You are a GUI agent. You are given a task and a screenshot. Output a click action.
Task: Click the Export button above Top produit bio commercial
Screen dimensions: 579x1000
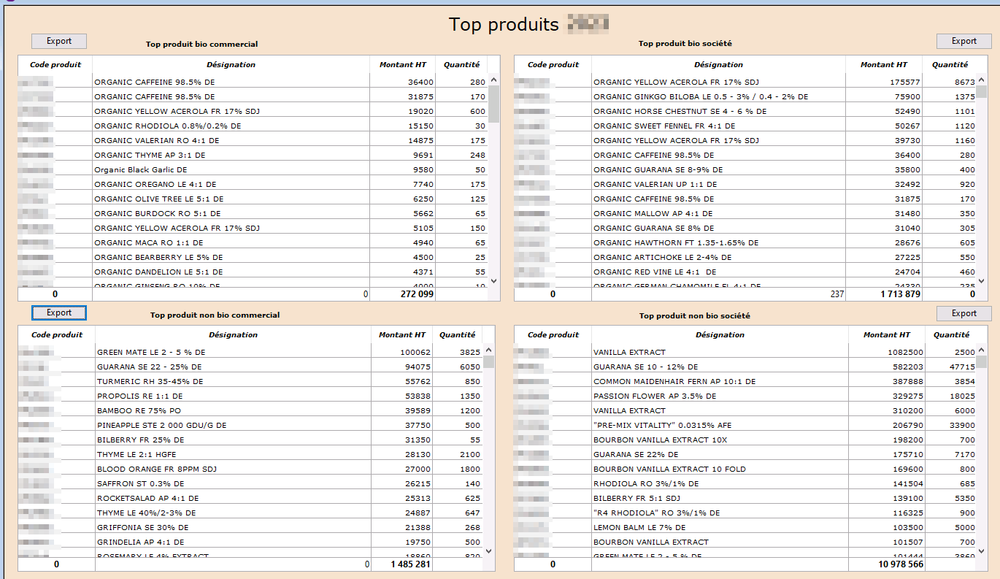click(58, 41)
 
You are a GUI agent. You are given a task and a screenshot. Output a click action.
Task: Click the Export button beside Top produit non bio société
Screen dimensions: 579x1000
click(964, 313)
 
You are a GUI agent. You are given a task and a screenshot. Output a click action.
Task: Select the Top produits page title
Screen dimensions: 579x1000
click(504, 24)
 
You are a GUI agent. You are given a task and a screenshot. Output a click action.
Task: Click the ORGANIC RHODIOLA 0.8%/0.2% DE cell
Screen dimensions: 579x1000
click(167, 126)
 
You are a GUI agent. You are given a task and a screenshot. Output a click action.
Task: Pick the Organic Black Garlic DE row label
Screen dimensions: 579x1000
click(141, 169)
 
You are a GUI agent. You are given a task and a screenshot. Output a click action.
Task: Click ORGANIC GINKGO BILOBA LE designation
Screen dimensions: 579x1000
click(700, 96)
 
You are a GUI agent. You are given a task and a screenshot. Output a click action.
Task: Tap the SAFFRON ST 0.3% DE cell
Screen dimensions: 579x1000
click(140, 483)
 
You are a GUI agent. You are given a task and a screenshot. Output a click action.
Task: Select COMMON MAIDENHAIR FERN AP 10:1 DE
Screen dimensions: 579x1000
click(674, 381)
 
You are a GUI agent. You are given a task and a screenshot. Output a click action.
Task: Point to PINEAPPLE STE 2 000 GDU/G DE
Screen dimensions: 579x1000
click(161, 425)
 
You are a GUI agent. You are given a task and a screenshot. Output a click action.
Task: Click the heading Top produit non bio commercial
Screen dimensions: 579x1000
click(215, 315)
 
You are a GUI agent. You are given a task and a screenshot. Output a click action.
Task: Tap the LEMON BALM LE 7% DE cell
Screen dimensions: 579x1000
click(639, 527)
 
